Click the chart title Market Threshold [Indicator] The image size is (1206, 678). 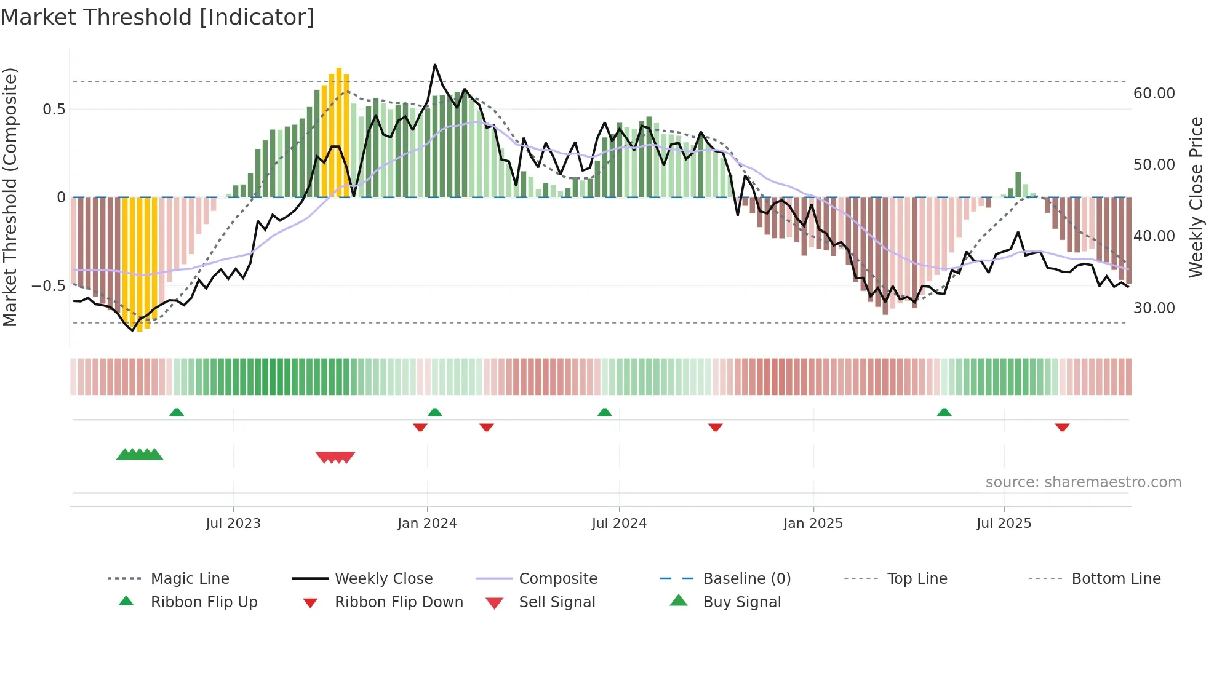coord(158,17)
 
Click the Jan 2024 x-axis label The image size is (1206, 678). coord(427,524)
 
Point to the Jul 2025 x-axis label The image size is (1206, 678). coord(1004,524)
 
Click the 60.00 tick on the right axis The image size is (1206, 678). coord(1154,94)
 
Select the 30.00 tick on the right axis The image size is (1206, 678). coord(1154,308)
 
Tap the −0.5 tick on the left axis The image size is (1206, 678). coord(48,286)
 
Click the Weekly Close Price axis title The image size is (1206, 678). coord(1196,197)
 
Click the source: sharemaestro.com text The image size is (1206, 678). coord(1083,482)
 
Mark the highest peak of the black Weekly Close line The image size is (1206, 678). coord(435,65)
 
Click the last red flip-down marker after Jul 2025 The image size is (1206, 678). coord(1062,427)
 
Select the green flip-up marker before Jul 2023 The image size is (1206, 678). coord(177,412)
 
